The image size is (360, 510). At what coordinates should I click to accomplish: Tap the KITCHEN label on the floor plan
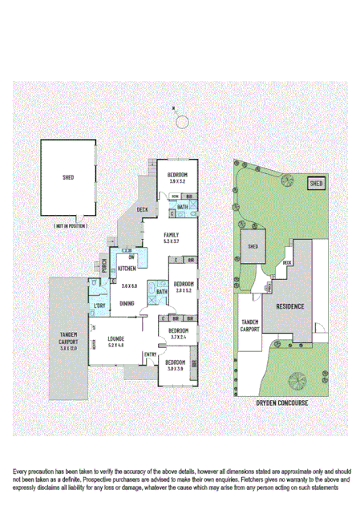click(x=127, y=269)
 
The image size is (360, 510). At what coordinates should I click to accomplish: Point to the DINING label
click(x=127, y=303)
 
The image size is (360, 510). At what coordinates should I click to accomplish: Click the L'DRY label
click(x=99, y=307)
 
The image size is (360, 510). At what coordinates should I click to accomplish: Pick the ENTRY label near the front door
click(x=150, y=354)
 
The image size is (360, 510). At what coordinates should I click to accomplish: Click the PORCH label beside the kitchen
click(x=104, y=265)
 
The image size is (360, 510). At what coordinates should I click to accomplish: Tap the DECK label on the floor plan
click(x=142, y=209)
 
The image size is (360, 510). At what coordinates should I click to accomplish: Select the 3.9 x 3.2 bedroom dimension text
click(x=177, y=182)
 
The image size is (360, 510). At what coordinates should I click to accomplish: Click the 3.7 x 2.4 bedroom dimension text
click(x=178, y=338)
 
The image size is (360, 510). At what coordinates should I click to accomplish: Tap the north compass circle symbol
click(x=182, y=121)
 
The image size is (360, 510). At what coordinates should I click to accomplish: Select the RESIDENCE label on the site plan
click(x=289, y=306)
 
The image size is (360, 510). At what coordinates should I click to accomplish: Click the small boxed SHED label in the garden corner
click(x=317, y=184)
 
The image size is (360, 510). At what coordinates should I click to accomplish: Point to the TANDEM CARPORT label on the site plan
click(x=249, y=325)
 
